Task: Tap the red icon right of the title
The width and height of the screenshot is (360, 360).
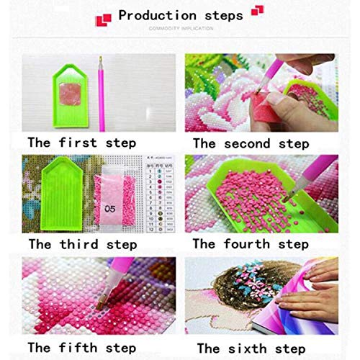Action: [256, 14]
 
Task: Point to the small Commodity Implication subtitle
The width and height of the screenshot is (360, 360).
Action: [180, 30]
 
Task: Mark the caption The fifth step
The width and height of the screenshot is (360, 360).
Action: [80, 347]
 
